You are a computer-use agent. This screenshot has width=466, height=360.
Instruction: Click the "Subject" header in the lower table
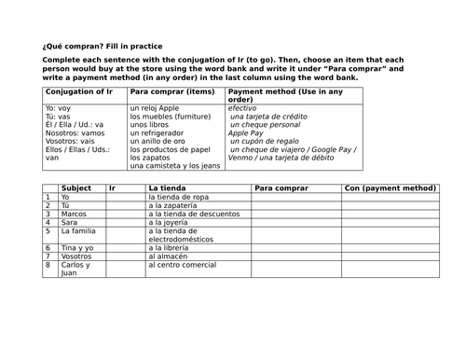tap(75, 188)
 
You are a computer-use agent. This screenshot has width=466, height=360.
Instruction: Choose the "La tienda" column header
tap(166, 188)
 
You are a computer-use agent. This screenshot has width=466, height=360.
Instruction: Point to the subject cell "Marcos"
tap(74, 215)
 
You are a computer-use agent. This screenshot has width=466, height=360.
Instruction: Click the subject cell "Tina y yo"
tap(76, 248)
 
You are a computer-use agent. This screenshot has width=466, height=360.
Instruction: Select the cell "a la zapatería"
tap(176, 206)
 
